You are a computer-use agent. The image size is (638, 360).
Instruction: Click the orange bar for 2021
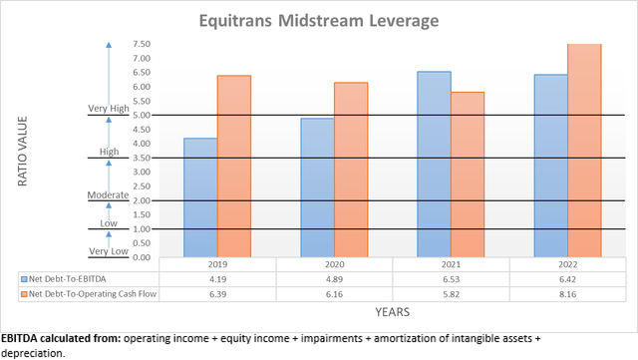(468, 175)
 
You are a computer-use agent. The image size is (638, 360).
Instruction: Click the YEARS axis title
(389, 312)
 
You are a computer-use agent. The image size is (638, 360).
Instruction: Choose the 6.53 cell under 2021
(451, 278)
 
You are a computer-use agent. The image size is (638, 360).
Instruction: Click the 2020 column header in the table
(334, 264)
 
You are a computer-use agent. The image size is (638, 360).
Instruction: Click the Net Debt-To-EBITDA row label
(65, 278)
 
